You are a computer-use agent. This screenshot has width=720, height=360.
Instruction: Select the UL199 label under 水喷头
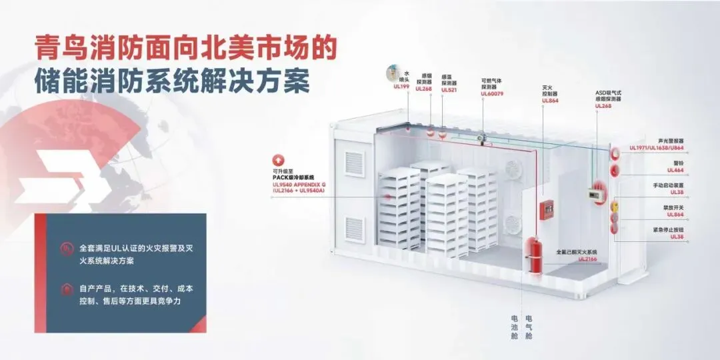pyautogui.click(x=401, y=87)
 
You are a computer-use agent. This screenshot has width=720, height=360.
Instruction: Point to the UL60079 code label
pyautogui.click(x=492, y=94)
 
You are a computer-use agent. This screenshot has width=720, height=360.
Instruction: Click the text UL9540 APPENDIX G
pyautogui.click(x=301, y=184)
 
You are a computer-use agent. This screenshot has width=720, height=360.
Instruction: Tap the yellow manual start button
pyautogui.click(x=615, y=205)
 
